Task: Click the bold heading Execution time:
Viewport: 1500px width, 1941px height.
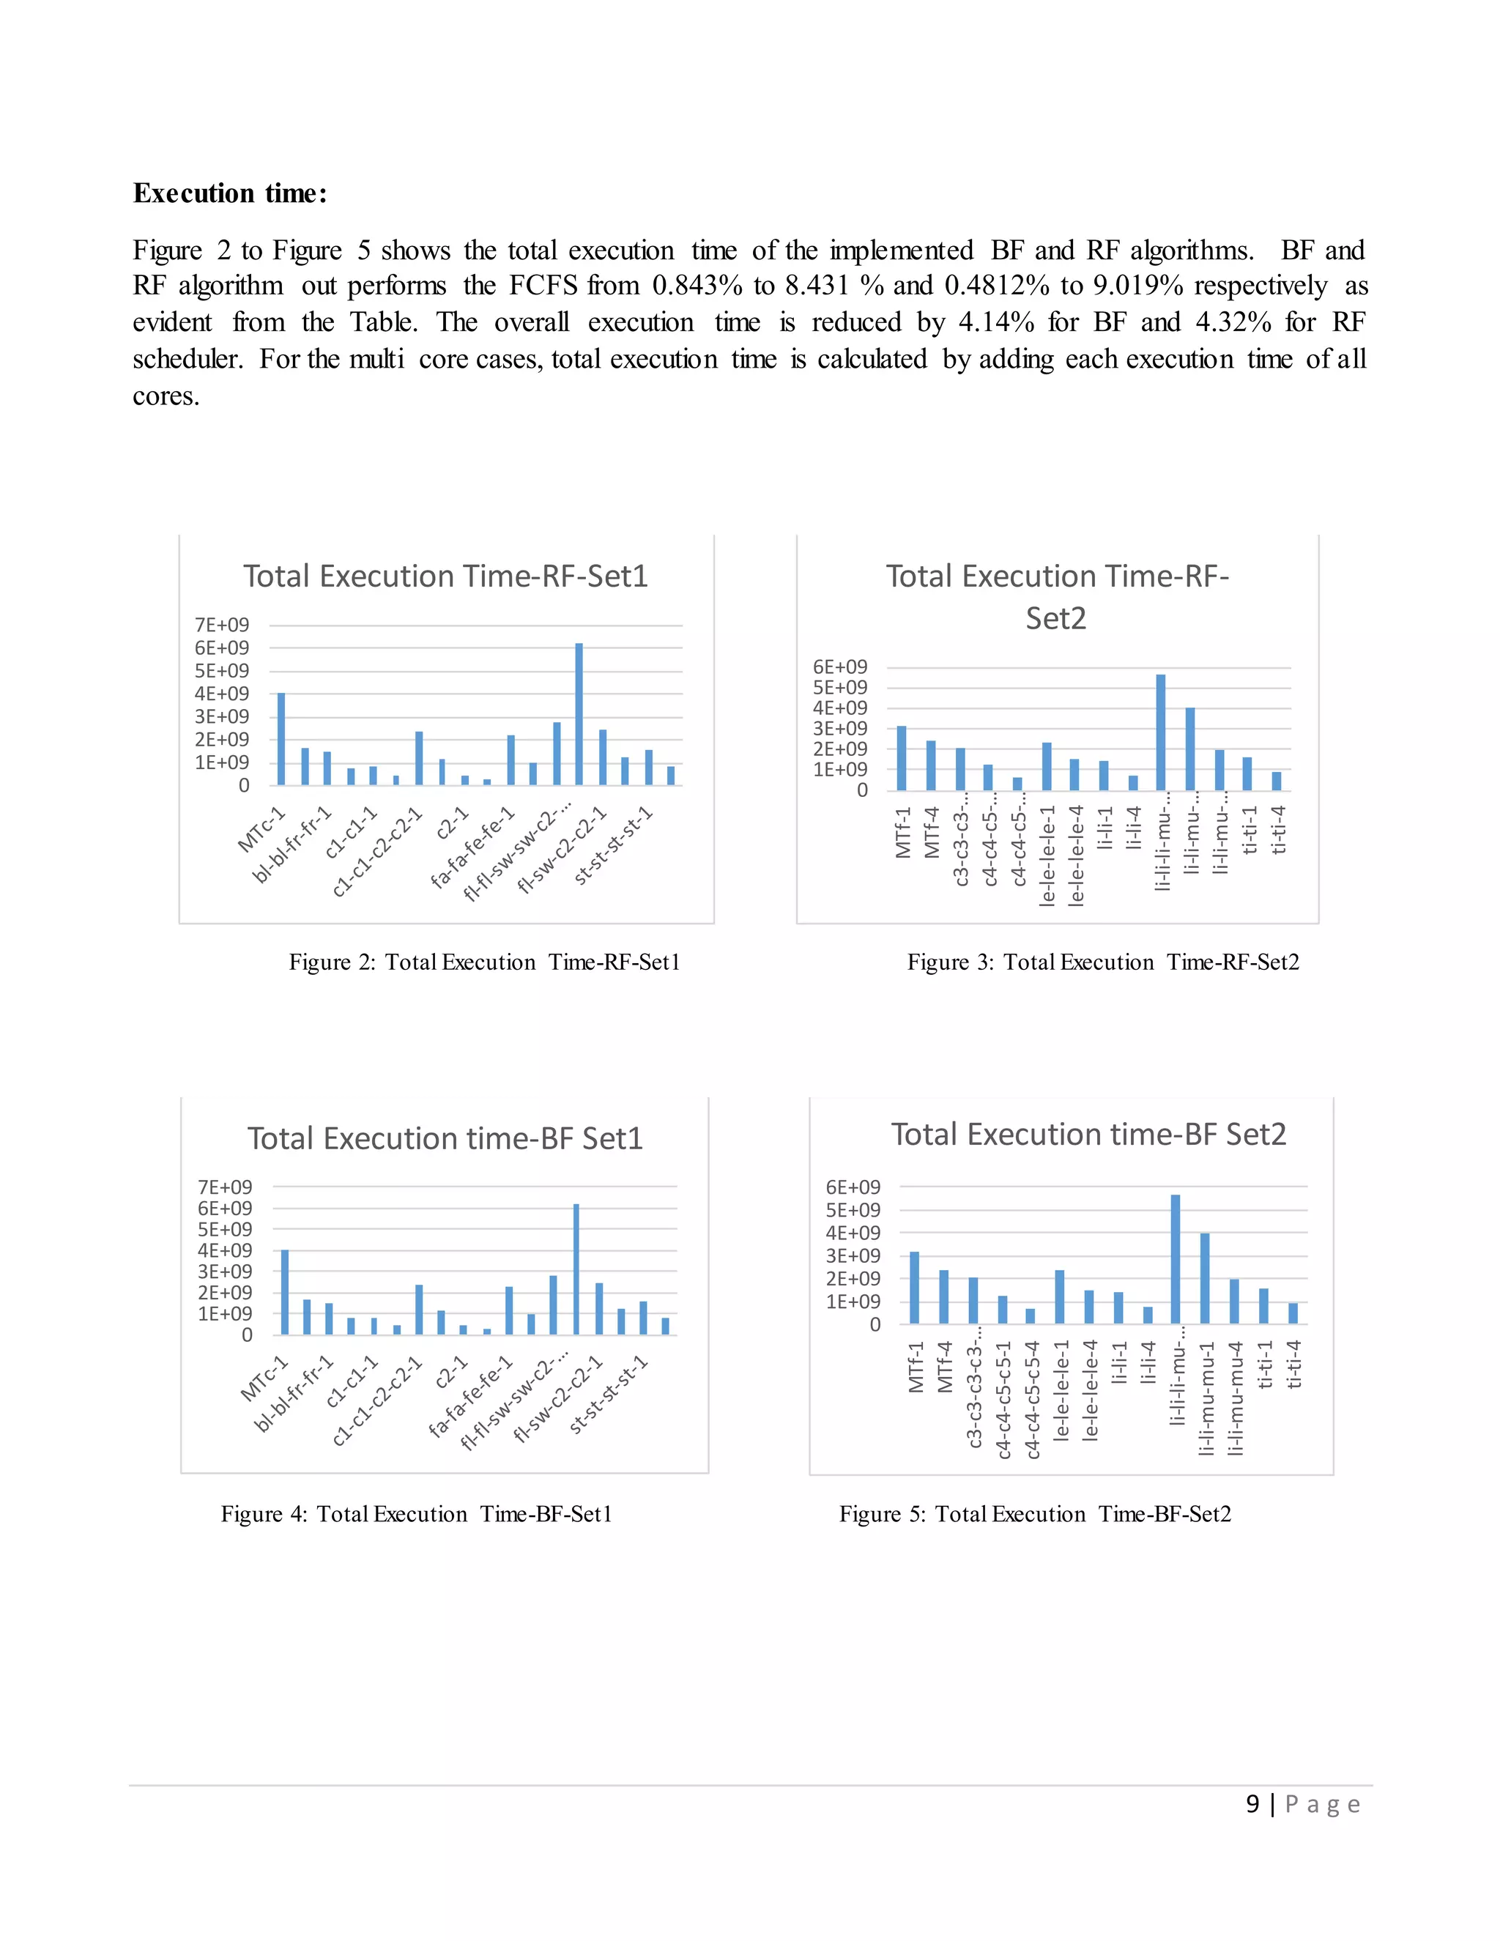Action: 230,193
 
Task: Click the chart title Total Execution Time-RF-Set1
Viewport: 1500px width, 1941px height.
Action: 445,576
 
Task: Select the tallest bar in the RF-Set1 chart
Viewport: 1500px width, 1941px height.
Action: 579,713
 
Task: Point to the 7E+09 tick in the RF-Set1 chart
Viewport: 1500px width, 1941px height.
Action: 221,625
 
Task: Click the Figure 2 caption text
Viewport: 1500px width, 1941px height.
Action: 484,962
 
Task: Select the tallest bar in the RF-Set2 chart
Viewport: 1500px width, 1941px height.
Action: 1161,732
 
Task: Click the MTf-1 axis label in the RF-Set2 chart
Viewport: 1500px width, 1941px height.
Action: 904,832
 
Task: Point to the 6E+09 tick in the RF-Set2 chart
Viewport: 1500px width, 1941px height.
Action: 840,667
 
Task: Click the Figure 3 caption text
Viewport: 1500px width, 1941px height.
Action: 1103,962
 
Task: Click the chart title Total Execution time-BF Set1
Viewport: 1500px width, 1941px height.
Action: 445,1138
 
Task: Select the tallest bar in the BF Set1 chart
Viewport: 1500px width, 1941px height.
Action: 576,1269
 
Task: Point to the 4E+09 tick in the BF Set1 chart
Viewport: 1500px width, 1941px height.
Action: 225,1250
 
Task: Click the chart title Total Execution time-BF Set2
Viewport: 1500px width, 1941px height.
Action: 1088,1134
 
